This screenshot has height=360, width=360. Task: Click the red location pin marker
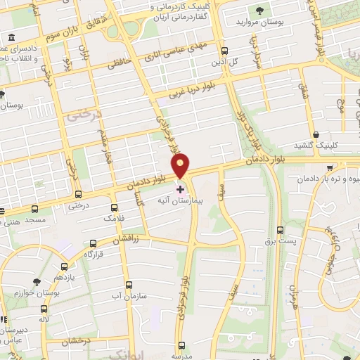click(x=181, y=166)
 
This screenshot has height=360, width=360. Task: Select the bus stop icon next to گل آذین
click(x=224, y=51)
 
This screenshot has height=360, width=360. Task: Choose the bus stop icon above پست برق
click(x=280, y=230)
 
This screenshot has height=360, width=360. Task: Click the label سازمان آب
click(x=128, y=297)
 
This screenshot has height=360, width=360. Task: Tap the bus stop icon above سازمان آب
click(x=128, y=285)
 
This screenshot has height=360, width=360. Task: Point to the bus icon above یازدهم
click(x=65, y=266)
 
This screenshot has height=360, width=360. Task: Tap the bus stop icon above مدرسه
click(x=183, y=345)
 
